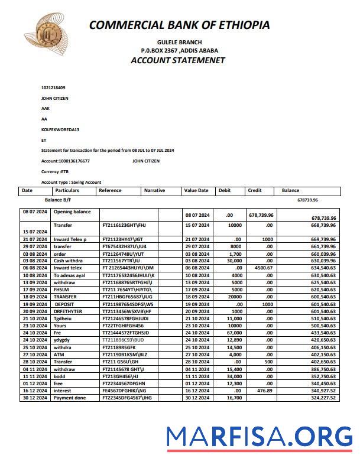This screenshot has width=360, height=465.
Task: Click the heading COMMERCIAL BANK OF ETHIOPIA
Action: pyautogui.click(x=179, y=25)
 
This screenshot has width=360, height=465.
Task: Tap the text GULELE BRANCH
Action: pyautogui.click(x=179, y=42)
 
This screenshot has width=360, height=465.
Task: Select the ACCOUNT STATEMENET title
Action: pyautogui.click(x=179, y=60)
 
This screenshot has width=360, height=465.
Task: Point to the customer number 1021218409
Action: pyautogui.click(x=53, y=87)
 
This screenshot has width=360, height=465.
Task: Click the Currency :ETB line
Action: pyautogui.click(x=54, y=171)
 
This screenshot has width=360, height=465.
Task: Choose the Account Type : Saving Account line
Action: pyautogui.click(x=71, y=182)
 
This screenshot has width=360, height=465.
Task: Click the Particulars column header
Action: pyautogui.click(x=67, y=191)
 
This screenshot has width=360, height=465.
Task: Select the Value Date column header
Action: pyautogui.click(x=196, y=191)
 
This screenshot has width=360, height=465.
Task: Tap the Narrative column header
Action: pyautogui.click(x=155, y=191)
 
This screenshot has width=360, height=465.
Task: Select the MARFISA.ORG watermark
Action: pyautogui.click(x=258, y=437)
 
